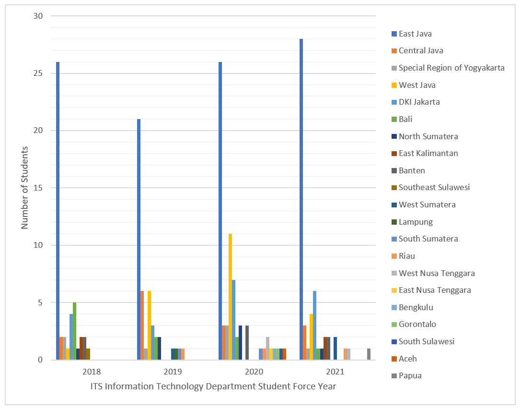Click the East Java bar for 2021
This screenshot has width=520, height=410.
tap(301, 199)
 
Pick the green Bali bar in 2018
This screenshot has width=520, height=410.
tap(74, 331)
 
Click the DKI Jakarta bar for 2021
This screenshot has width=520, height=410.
tap(314, 326)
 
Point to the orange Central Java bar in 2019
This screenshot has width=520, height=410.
tap(142, 326)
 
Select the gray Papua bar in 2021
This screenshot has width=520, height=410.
tap(369, 354)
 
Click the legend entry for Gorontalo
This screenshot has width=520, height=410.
tap(417, 325)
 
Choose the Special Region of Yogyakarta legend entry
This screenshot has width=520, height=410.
tap(451, 68)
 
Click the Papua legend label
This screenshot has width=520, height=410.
tap(410, 375)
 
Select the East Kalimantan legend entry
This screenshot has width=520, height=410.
tap(428, 153)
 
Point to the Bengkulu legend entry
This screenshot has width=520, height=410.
tap(416, 307)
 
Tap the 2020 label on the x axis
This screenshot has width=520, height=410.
tap(254, 372)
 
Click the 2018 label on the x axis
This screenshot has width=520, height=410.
tap(91, 372)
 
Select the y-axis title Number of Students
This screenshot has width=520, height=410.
tap(24, 188)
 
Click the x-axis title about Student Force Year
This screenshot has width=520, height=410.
tap(213, 387)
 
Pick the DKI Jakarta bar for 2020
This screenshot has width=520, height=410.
tap(233, 320)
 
